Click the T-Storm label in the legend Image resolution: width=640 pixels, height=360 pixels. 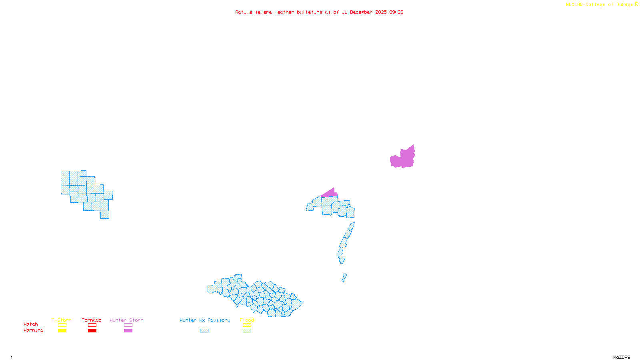62,320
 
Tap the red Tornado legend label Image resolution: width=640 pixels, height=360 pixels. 92,320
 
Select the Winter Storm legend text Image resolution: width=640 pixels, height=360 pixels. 126,320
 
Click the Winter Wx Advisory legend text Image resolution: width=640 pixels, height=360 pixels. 205,320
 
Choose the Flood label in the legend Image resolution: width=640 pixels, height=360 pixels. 247,320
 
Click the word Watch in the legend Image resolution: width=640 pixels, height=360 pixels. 31,324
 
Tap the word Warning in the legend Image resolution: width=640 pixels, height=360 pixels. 34,330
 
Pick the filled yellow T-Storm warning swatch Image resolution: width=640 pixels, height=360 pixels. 62,331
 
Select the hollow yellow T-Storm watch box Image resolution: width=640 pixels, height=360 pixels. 62,325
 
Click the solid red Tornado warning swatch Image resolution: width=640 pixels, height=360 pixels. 92,331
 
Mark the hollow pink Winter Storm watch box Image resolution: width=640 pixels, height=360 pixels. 128,325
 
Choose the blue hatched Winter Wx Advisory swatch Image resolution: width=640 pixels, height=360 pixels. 204,331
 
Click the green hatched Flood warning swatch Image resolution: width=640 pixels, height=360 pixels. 247,331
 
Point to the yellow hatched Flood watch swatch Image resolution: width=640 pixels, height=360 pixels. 247,325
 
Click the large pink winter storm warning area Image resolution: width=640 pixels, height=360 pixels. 403,158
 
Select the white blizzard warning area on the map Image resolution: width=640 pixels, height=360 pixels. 347,262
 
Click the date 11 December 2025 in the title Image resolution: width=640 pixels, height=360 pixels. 364,12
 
